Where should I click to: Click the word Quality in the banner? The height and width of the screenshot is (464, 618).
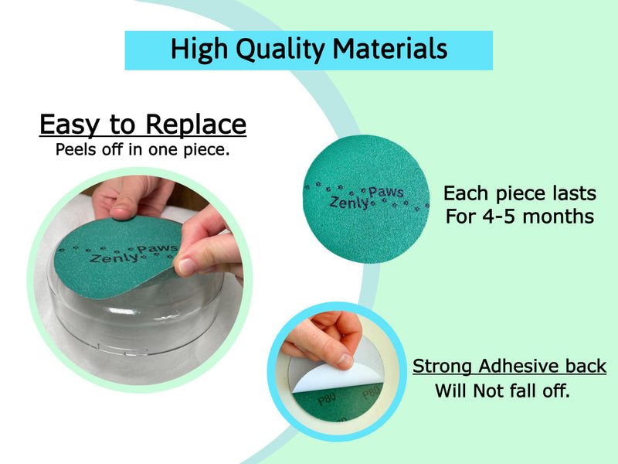click(x=280, y=50)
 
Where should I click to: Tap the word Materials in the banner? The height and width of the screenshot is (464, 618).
click(x=390, y=49)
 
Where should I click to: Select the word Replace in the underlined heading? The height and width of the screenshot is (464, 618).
click(x=196, y=125)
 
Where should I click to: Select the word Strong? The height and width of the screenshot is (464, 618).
click(x=442, y=367)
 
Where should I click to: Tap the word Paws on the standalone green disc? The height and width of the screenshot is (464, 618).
click(x=385, y=192)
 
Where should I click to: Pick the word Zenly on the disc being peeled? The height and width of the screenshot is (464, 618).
click(x=114, y=258)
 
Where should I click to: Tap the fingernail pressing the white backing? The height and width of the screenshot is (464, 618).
click(x=345, y=361)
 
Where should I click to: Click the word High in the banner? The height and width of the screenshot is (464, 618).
click(x=199, y=50)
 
